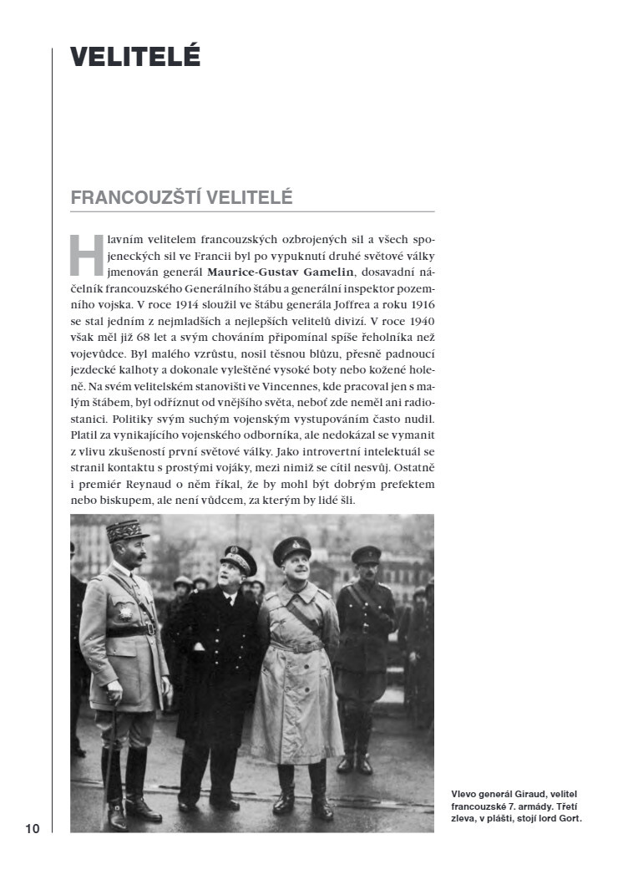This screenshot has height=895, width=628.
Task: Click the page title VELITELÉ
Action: pyautogui.click(x=135, y=57)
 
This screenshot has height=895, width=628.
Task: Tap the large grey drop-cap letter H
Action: pyautogui.click(x=86, y=253)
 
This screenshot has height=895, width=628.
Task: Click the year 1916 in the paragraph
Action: pyautogui.click(x=413, y=306)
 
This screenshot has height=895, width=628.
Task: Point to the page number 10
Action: pyautogui.click(x=32, y=829)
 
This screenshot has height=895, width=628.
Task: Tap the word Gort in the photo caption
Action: pyautogui.click(x=568, y=818)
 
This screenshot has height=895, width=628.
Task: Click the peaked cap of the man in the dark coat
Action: pyautogui.click(x=238, y=557)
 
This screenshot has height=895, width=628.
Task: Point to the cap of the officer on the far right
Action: pyautogui.click(x=366, y=554)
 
